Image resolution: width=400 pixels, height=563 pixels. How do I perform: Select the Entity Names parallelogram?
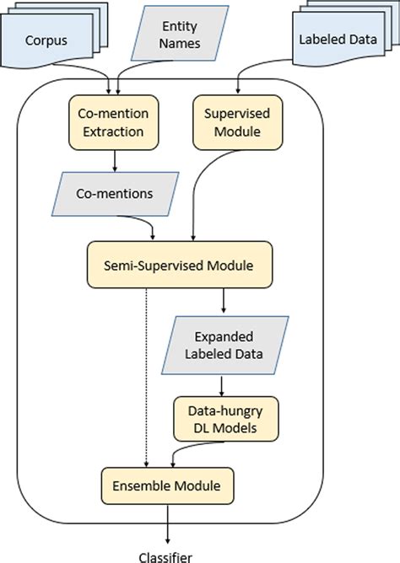pos(181,35)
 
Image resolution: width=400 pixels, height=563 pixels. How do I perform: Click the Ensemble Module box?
pos(166,486)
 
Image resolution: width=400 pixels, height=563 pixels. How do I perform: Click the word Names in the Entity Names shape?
pos(181,43)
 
